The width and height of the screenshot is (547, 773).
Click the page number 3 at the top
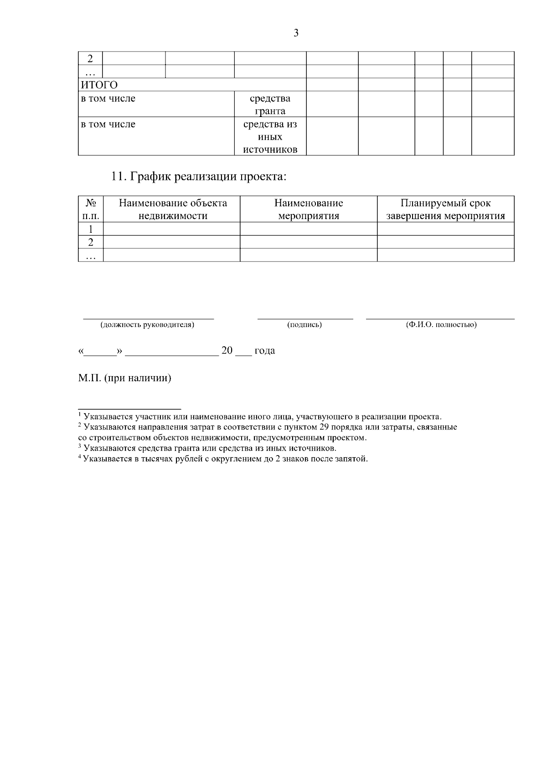[296, 33]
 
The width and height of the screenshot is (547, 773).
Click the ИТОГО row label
[99, 85]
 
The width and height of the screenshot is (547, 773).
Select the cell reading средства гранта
[270, 105]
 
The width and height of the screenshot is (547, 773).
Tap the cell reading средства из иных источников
[270, 137]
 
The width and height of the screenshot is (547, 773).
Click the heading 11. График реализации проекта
[199, 177]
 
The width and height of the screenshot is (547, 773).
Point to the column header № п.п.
[91, 210]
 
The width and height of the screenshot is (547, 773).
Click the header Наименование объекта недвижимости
[172, 210]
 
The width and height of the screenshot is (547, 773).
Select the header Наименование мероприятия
[309, 210]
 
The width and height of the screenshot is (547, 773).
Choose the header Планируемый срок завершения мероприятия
[445, 210]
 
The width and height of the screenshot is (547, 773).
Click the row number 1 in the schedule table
[91, 229]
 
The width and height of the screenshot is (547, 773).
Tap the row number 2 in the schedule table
[91, 242]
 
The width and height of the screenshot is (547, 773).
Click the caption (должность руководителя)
[147, 325]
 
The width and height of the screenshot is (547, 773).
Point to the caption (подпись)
[304, 325]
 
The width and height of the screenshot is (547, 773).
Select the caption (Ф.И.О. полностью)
[441, 325]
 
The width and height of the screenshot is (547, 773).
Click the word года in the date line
[265, 351]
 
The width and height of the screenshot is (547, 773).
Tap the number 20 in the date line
[227, 351]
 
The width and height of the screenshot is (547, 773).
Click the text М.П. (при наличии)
[125, 379]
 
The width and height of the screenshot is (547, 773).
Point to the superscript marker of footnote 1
[80, 415]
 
